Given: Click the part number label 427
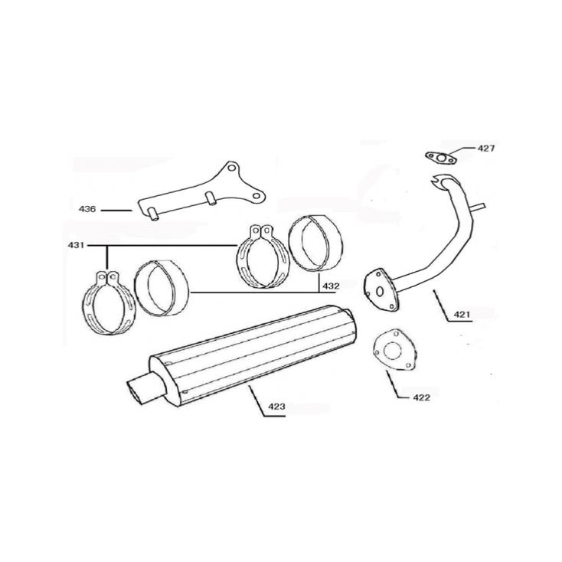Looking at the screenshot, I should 486,148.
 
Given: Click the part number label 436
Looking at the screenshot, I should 87,208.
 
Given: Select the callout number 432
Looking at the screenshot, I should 331,286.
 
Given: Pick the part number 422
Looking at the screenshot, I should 420,397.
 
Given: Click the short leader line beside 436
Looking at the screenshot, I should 116,209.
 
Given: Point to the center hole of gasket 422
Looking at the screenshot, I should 390,351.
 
